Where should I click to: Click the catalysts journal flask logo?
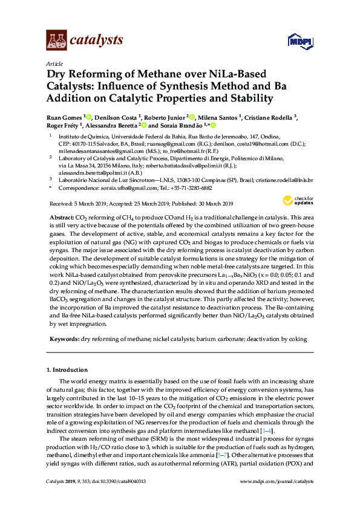[56, 41]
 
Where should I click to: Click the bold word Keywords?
[63, 340]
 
